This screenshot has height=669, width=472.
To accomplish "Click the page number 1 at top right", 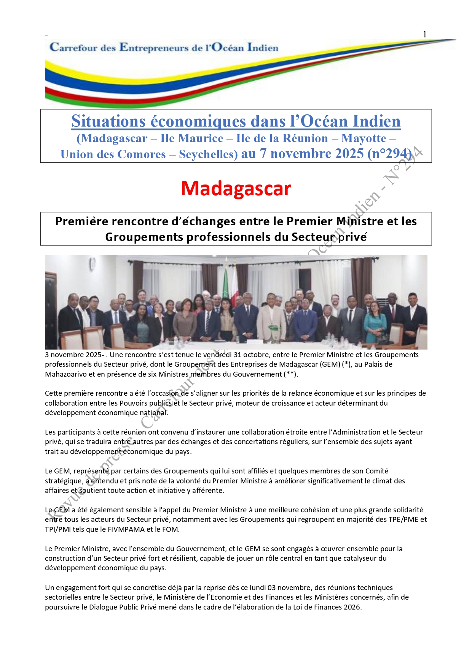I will (425, 34).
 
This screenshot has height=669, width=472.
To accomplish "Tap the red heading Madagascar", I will (236, 188).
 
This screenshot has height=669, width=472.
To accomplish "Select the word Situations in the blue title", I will (108, 122).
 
